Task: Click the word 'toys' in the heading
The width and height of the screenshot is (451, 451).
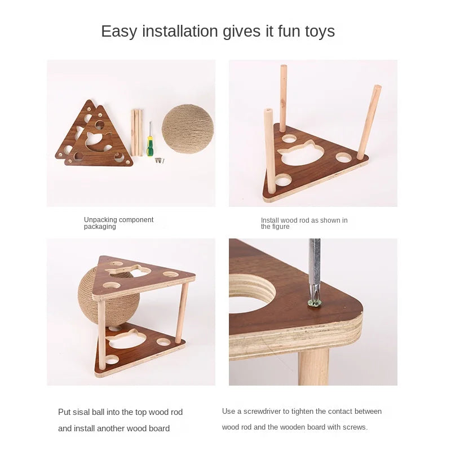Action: click(x=319, y=31)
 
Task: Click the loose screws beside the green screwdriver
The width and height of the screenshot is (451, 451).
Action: click(x=161, y=161)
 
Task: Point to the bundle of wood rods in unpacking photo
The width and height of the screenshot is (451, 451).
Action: click(x=137, y=132)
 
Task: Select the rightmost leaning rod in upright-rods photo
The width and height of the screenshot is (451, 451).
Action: click(x=369, y=121)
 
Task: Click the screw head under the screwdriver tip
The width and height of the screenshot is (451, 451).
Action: click(x=315, y=303)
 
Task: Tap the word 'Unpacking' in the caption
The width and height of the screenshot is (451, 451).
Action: click(x=100, y=220)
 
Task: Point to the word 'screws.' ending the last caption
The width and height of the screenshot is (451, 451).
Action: click(x=356, y=427)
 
